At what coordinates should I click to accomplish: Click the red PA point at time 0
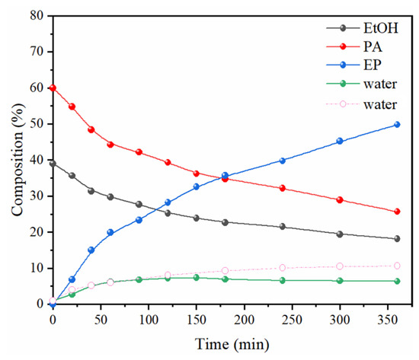tap(53, 88)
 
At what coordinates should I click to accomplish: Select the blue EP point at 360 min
tap(397, 125)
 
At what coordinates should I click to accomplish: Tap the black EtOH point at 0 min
tap(53, 164)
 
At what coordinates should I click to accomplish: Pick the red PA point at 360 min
tap(397, 212)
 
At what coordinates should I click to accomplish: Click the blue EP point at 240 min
tap(283, 161)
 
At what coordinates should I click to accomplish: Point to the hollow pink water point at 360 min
tap(397, 266)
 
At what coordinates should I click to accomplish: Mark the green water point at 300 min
tap(340, 281)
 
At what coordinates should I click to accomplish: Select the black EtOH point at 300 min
tap(340, 234)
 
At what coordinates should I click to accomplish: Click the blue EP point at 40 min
tap(91, 250)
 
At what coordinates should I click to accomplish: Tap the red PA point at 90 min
tap(139, 152)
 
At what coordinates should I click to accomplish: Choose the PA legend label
tap(373, 46)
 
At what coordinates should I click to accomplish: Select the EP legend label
tap(372, 65)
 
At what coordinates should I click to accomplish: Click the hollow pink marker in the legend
tap(343, 104)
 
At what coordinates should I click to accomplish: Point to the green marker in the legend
tap(343, 84)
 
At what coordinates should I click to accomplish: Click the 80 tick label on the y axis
tap(37, 16)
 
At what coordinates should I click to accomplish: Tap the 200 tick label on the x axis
tap(245, 320)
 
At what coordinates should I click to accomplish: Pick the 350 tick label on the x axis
tap(388, 320)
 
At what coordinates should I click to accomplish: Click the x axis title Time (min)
tap(232, 344)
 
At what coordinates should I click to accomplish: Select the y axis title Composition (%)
tap(18, 160)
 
